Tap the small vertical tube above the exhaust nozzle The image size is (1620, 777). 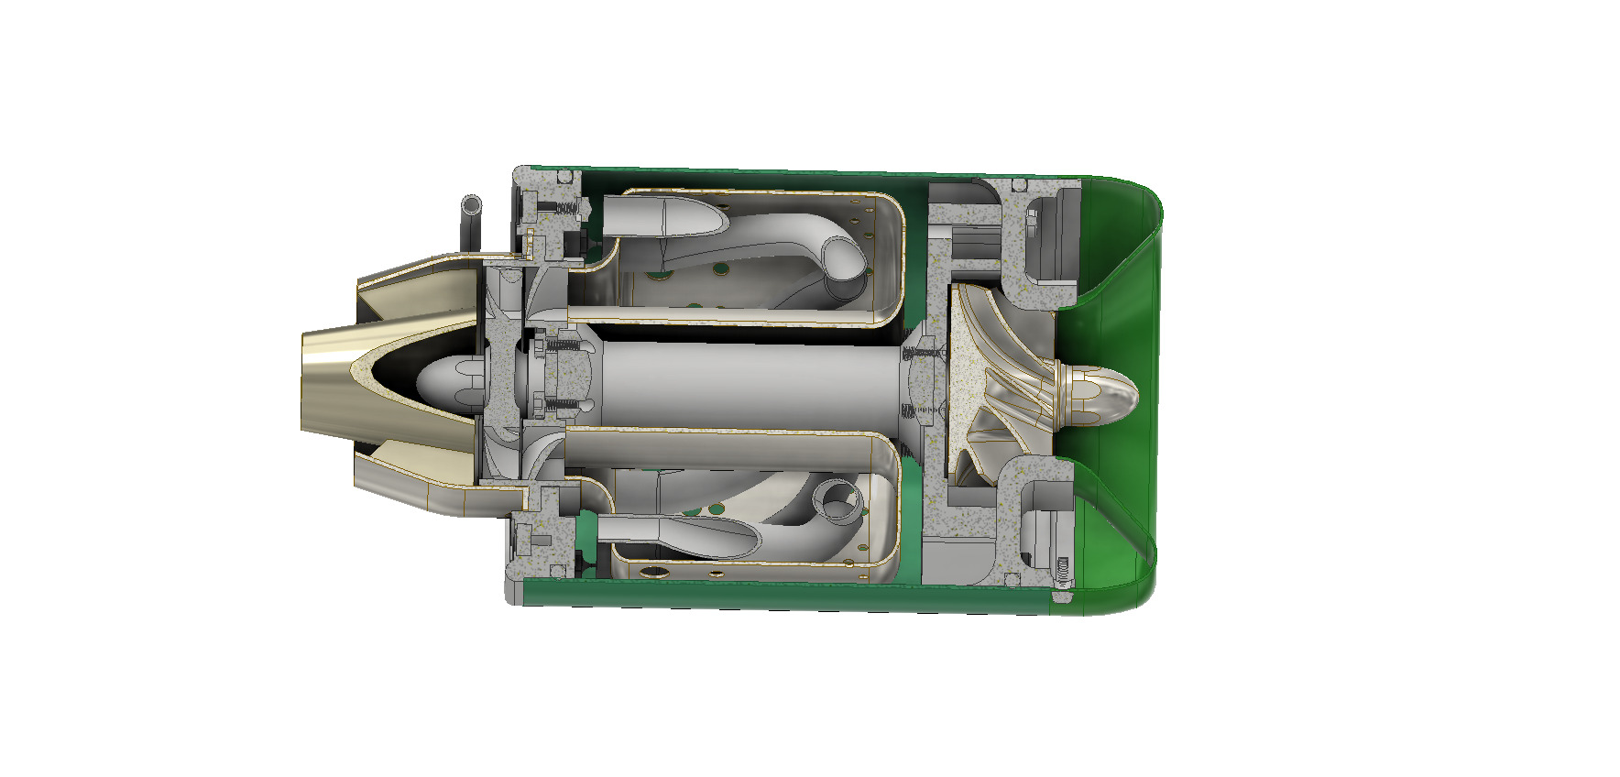[472, 220]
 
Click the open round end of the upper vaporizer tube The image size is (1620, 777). [845, 257]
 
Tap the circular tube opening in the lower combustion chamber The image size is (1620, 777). [837, 502]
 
